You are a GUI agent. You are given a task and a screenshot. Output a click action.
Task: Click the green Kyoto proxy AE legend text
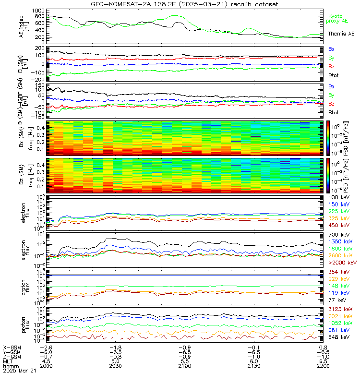click(x=338, y=18)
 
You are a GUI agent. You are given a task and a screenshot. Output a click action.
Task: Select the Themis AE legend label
click(x=341, y=34)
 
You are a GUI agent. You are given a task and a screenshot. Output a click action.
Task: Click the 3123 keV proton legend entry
click(x=340, y=310)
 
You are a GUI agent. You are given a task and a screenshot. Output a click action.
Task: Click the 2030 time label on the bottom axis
click(x=114, y=366)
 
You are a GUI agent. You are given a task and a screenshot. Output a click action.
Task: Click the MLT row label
click(x=8, y=361)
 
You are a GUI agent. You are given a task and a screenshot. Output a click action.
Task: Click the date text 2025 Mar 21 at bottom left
click(x=19, y=371)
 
